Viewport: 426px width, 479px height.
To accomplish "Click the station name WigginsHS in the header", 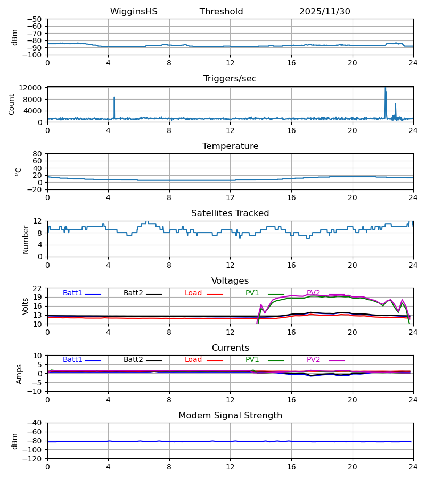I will pos(134,12).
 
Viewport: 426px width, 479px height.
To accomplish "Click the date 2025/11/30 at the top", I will pos(324,12).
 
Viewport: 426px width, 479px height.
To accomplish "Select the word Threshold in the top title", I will pos(221,12).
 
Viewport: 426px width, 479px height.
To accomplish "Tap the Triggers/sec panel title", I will pos(230,79).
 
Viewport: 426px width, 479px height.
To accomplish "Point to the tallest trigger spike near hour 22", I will pos(385,88).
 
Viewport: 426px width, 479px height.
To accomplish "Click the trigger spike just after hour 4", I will pos(114,98).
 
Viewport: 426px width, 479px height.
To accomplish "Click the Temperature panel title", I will pos(230,146).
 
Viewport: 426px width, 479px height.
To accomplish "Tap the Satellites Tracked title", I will pos(230,213).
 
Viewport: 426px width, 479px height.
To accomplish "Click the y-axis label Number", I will pos(26,239).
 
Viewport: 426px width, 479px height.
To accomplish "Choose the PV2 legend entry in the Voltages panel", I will pos(314,293).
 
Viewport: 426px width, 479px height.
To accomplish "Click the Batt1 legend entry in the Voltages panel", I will pos(73,293).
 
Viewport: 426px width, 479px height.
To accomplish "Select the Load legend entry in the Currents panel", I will pos(193,360).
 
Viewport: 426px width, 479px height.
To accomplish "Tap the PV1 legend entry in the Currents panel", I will pos(252,360).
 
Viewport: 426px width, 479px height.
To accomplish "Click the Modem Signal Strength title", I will pos(230,416).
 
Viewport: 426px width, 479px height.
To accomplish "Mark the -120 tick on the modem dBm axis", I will pos(34,458).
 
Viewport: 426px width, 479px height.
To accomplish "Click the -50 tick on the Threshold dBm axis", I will pos(36,19).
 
